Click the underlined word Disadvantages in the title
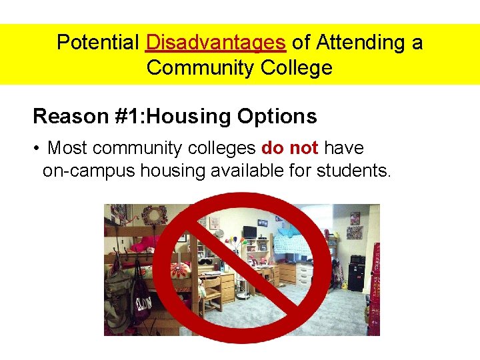pos(215,43)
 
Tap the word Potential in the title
pos(99,43)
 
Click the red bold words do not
pos(290,147)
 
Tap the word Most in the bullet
pos(68,147)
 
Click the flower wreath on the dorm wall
pos(155,215)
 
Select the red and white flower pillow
pos(180,270)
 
